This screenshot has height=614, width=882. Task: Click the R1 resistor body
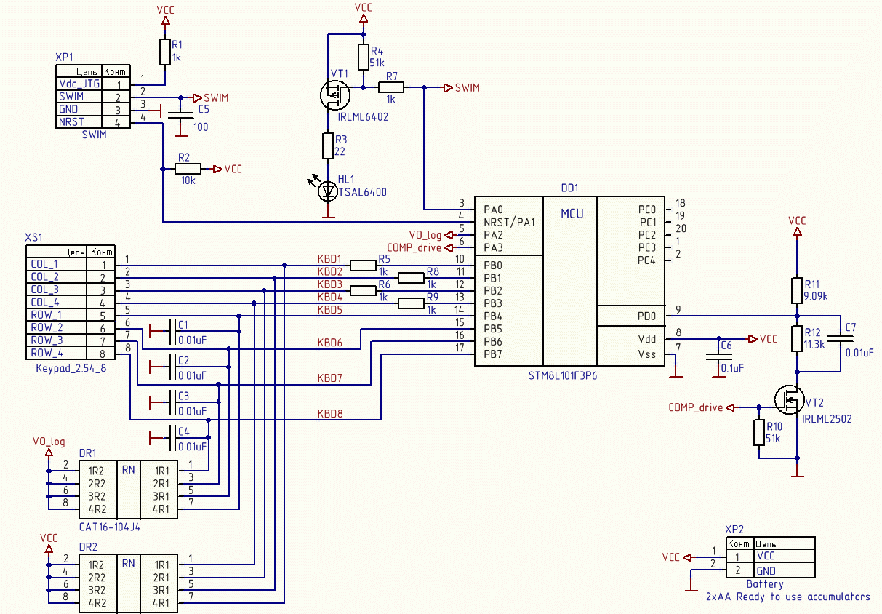tap(164, 52)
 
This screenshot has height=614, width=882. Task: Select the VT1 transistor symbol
tap(334, 95)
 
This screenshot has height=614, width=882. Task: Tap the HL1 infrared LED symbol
tap(328, 191)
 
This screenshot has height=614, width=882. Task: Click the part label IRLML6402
tap(363, 117)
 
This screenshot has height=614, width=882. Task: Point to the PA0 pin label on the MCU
tap(493, 209)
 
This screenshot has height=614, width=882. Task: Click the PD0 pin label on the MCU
tap(646, 316)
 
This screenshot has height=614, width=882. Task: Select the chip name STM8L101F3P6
tap(562, 375)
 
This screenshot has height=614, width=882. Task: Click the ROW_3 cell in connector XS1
tap(47, 340)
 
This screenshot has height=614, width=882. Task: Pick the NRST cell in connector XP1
tap(71, 122)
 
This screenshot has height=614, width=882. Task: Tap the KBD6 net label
tap(329, 343)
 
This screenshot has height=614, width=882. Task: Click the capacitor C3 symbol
tap(172, 402)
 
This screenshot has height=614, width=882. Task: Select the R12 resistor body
tap(796, 339)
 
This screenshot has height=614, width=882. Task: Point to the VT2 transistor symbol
tap(789, 399)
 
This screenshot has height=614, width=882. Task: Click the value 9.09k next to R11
tap(815, 296)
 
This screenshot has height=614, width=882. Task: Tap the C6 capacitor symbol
tap(718, 356)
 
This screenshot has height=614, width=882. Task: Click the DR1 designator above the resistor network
tap(87, 453)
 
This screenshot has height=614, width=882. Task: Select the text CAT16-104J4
tap(110, 527)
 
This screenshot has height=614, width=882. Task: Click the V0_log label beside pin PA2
tap(425, 235)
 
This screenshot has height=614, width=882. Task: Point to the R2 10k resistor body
tap(188, 169)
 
